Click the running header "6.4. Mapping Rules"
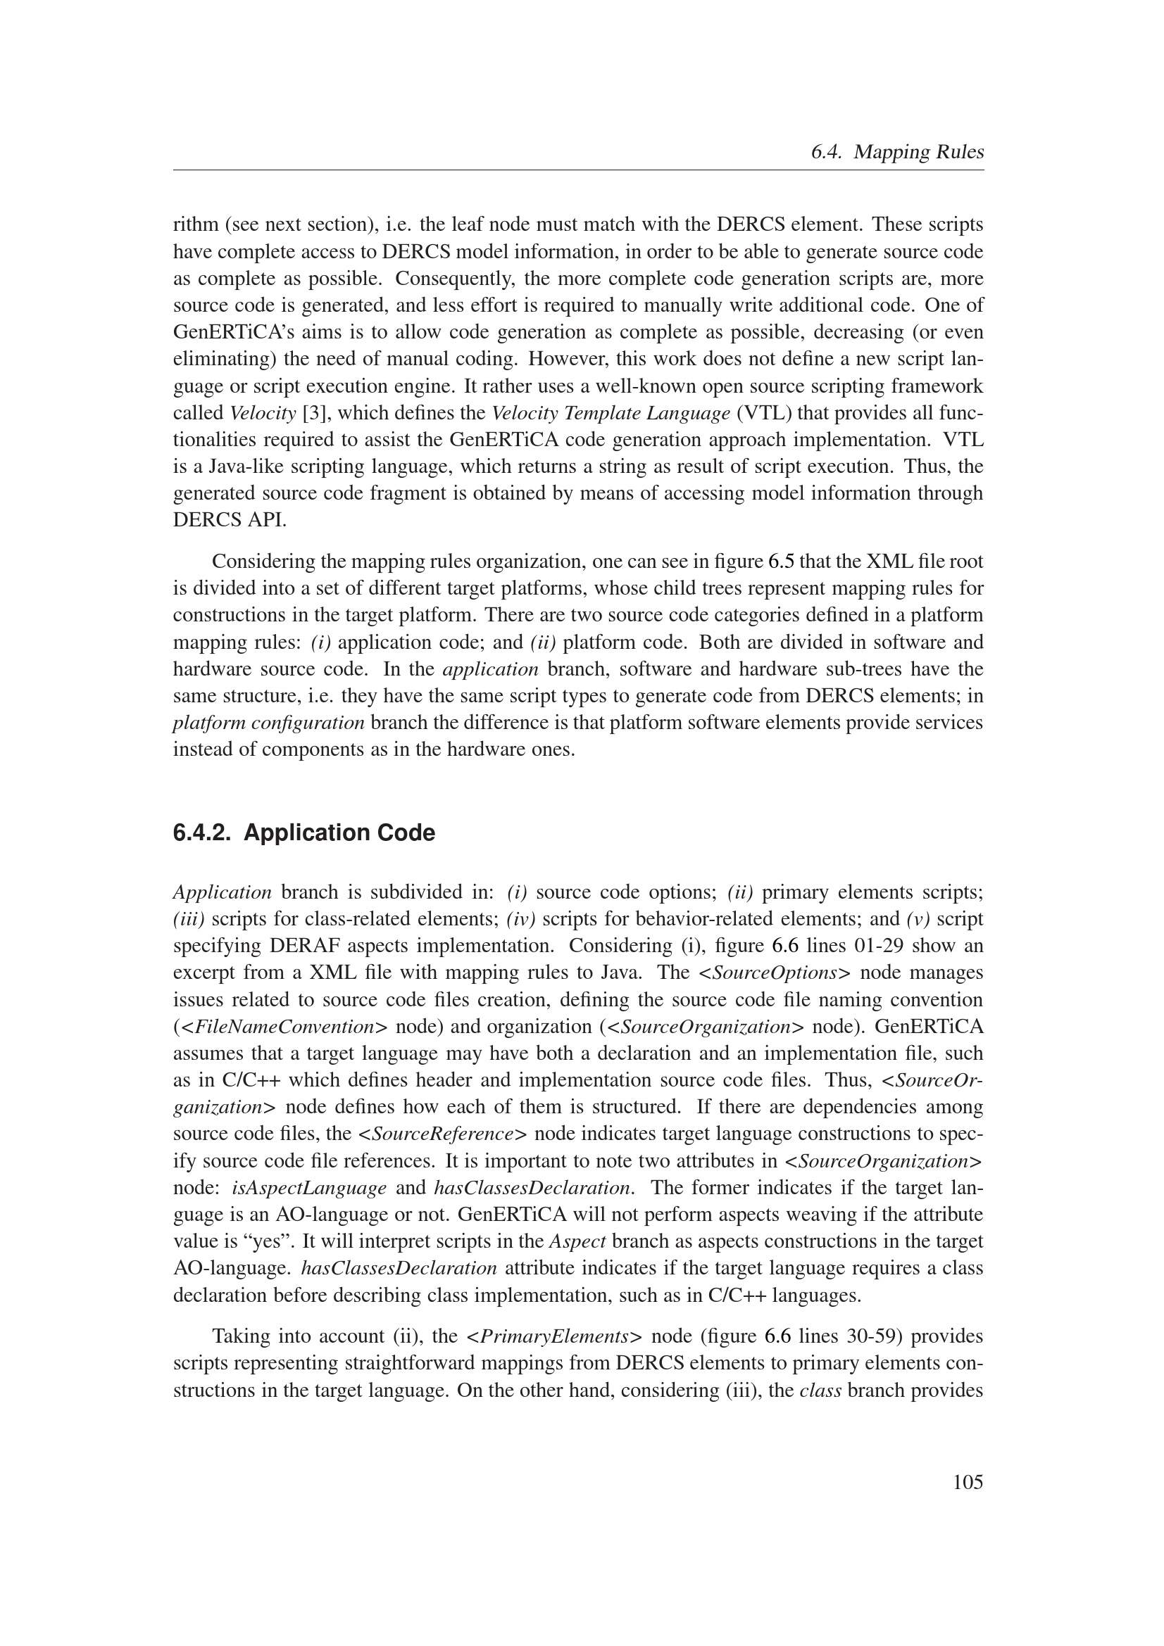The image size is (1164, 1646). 896,152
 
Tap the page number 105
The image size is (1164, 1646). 968,1482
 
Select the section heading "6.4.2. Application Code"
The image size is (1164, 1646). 304,833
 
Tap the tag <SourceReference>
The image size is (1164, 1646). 443,1134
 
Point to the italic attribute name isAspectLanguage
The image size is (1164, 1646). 309,1188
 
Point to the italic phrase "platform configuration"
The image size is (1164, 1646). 269,723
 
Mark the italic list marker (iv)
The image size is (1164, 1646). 520,919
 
